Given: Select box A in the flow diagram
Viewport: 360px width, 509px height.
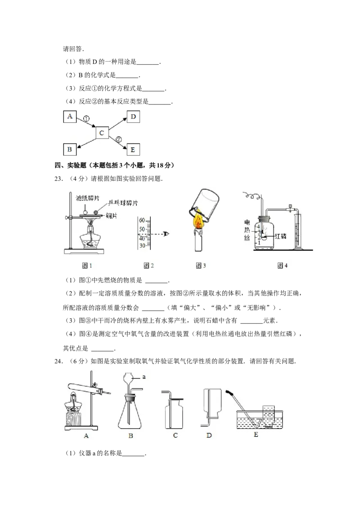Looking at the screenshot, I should pyautogui.click(x=70, y=117).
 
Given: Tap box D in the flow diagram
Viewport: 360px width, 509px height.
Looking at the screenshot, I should pyautogui.click(x=133, y=117).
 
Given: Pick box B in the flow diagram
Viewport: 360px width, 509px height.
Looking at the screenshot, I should pyautogui.click(x=70, y=149).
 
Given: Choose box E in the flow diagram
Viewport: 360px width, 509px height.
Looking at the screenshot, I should pyautogui.click(x=133, y=149).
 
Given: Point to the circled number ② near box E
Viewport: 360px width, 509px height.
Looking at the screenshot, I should pyautogui.click(x=119, y=139).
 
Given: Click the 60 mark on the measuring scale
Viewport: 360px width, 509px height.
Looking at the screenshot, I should pyautogui.click(x=142, y=220).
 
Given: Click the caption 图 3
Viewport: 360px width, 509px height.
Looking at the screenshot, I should pyautogui.click(x=201, y=266).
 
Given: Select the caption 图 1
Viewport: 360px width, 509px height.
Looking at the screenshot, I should pyautogui.click(x=87, y=266).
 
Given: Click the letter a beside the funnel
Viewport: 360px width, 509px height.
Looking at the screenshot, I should pyautogui.click(x=144, y=377).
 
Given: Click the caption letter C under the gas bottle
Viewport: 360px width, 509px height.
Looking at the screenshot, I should pyautogui.click(x=175, y=435).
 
